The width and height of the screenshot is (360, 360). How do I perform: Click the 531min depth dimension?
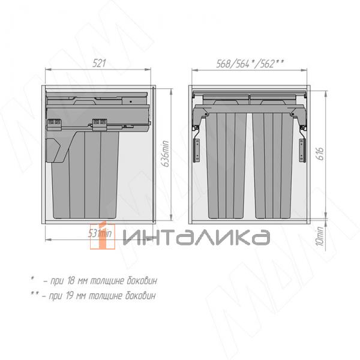(x=100, y=232)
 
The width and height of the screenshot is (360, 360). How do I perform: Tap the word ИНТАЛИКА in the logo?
(x=196, y=238)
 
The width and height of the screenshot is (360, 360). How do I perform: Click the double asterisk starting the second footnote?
(x=34, y=295)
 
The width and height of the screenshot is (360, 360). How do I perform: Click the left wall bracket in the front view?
(x=196, y=149)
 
